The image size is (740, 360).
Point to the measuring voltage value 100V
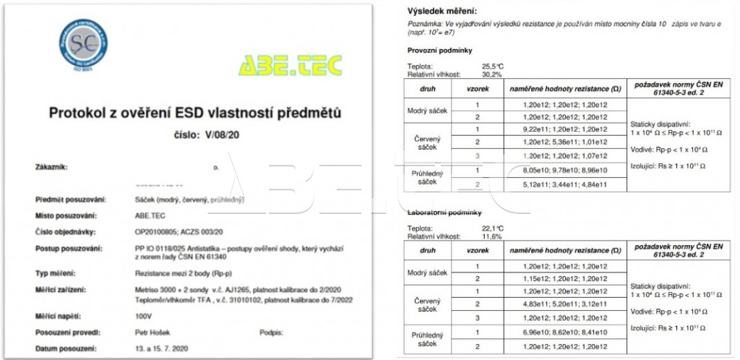click(x=133, y=317)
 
